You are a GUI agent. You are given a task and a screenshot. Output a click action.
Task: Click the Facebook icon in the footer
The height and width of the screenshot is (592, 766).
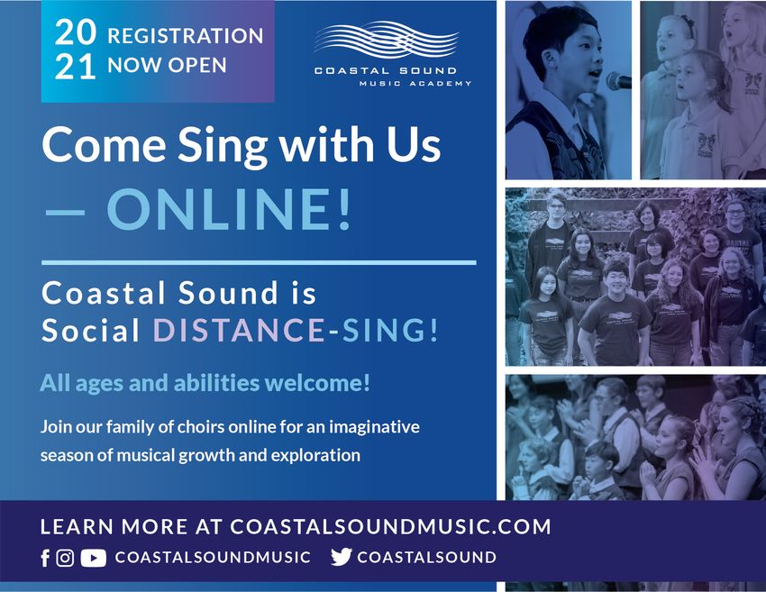click(x=45, y=558)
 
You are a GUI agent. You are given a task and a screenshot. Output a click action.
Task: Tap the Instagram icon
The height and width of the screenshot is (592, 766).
click(x=65, y=558)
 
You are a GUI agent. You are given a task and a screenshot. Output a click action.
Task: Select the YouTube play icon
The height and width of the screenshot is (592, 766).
click(x=94, y=558)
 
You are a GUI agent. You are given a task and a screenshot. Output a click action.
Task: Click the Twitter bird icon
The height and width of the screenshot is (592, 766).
click(x=341, y=557)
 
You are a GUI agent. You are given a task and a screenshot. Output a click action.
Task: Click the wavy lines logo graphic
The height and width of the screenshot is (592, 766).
click(x=387, y=39)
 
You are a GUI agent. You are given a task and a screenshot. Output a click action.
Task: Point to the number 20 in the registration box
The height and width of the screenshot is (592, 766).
click(x=75, y=32)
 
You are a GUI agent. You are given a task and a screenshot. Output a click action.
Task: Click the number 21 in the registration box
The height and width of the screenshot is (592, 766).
click(x=75, y=67)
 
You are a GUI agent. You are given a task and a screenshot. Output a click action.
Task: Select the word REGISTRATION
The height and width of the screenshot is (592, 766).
click(x=185, y=36)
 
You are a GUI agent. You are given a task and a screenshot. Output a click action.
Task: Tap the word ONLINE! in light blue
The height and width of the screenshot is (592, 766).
click(x=229, y=209)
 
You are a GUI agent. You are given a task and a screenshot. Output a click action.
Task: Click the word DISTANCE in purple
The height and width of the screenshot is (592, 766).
click(x=239, y=330)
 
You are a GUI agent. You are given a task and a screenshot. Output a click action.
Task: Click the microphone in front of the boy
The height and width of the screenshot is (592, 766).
click(x=618, y=80)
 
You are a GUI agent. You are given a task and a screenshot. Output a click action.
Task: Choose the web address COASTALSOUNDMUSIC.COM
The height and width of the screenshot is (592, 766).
click(x=390, y=526)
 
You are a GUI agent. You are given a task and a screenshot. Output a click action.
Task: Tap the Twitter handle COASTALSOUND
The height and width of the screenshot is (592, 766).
click(x=426, y=558)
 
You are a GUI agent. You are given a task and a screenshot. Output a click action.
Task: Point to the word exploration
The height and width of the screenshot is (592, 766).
click(x=315, y=456)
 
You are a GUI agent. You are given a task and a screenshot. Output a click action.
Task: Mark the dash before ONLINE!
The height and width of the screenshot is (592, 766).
click(x=65, y=213)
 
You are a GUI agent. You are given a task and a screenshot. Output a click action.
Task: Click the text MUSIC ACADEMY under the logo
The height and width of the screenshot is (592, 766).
click(x=415, y=84)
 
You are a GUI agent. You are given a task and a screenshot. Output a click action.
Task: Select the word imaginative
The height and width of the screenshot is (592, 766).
click(x=374, y=427)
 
